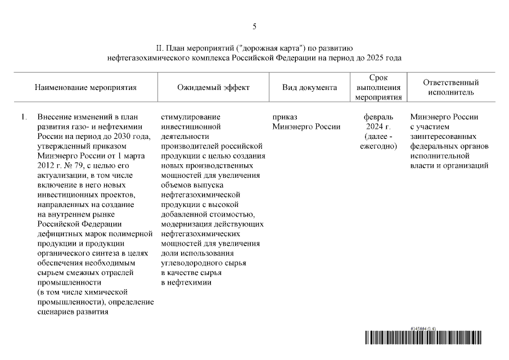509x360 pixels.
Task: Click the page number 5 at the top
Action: [254, 26]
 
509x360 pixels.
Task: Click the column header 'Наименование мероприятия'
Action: [85, 88]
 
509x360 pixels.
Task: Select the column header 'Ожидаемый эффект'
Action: [213, 88]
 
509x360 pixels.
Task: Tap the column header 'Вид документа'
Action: [309, 88]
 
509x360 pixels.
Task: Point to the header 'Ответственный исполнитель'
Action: [451, 88]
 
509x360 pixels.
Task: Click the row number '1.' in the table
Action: [24, 117]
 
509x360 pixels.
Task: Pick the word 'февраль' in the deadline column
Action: [378, 117]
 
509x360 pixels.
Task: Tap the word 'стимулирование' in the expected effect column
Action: [190, 117]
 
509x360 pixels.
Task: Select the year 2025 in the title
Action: [376, 58]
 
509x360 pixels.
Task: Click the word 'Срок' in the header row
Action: [378, 78]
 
